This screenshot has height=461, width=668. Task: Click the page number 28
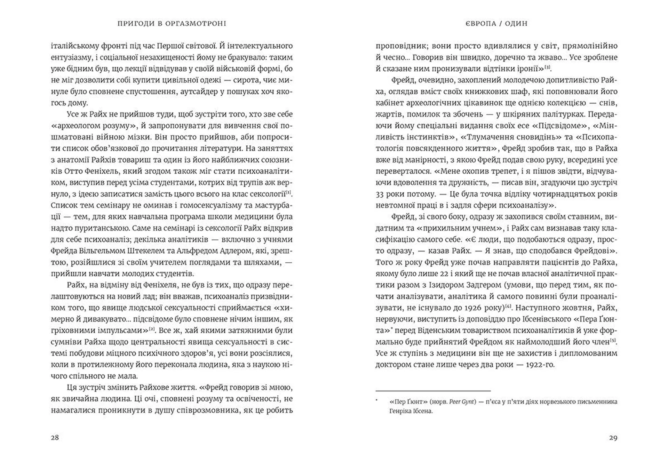pyautogui.click(x=55, y=438)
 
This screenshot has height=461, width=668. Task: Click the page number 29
pyautogui.click(x=613, y=438)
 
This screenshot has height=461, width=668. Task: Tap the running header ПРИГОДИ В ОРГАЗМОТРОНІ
pyautogui.click(x=172, y=24)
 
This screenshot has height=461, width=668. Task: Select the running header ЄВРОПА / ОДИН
pyautogui.click(x=496, y=24)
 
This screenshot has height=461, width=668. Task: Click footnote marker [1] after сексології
pyautogui.click(x=288, y=192)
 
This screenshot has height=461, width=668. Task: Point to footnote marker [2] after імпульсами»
pyautogui.click(x=152, y=328)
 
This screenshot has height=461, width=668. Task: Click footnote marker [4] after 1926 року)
pyautogui.click(x=508, y=306)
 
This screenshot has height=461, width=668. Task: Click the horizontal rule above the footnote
pyautogui.click(x=433, y=391)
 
